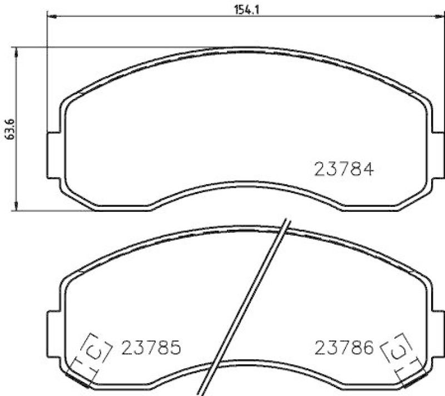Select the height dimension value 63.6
click(7, 129)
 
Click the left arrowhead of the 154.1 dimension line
click(51, 17)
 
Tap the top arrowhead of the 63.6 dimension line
click(17, 52)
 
